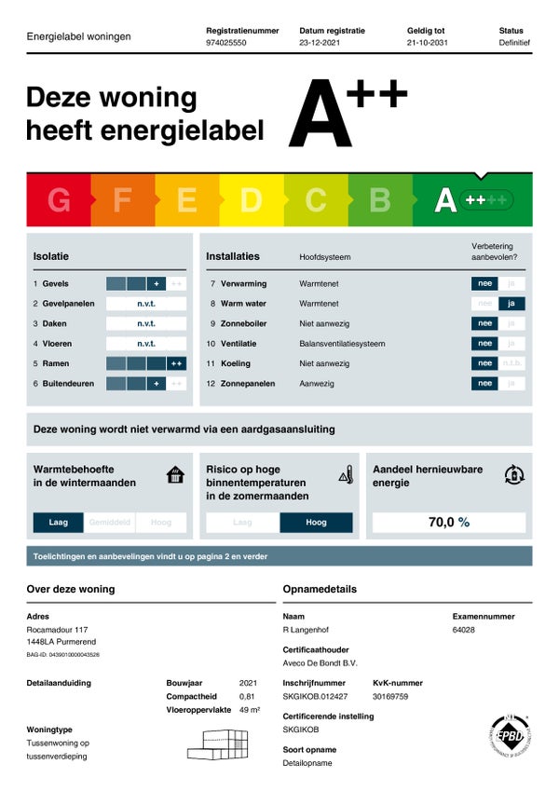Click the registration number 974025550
(226, 43)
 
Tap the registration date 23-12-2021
(320, 43)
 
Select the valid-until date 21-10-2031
(427, 43)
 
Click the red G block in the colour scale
(59, 199)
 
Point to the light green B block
(380, 199)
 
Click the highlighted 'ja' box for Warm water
(511, 304)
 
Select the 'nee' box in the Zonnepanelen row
(484, 383)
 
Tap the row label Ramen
(55, 363)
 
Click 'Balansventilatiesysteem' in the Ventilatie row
(342, 344)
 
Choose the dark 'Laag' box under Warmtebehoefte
(59, 523)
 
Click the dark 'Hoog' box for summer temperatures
(316, 523)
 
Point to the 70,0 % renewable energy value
(449, 523)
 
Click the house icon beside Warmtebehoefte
(175, 475)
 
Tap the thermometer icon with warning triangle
(346, 474)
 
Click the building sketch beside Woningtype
(221, 743)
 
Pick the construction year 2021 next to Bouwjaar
(248, 683)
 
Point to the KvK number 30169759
(392, 696)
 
